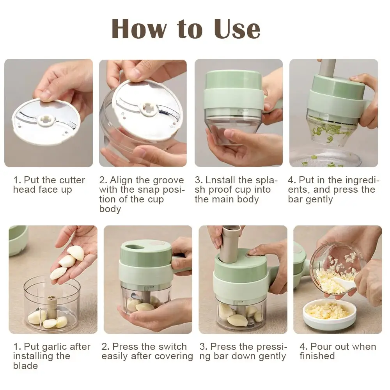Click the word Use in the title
237,29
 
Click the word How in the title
139,29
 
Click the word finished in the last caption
317,356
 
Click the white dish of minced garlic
329,314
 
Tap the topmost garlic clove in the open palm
76,253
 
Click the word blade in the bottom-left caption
25,366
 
